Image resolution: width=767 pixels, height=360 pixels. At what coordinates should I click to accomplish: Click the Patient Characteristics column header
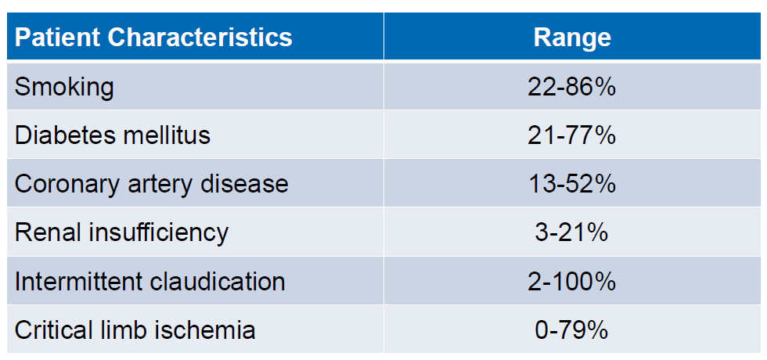point(153,37)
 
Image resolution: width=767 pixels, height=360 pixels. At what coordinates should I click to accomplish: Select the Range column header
point(572,37)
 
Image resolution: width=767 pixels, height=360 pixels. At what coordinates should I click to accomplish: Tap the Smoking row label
point(64,86)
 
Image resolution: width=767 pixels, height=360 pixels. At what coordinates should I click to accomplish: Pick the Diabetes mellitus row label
point(113,135)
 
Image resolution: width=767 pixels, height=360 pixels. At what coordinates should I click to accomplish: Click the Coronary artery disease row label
point(151,184)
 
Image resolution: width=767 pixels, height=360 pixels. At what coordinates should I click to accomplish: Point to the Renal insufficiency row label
point(121,232)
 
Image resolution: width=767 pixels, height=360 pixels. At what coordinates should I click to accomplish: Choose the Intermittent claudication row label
point(149,281)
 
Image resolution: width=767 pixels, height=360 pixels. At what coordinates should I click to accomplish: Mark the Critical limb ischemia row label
point(135,329)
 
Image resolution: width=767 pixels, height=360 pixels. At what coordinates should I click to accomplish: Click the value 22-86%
point(572,86)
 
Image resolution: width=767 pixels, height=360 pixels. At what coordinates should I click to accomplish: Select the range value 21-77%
point(572,135)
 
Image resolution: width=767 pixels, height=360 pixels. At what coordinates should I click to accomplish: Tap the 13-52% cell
point(572,184)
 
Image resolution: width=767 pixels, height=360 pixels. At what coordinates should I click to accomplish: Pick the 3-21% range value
point(572,232)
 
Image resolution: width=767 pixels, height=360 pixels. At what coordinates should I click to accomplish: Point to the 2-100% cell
point(572,281)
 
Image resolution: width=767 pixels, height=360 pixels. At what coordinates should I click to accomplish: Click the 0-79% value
point(572,329)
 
